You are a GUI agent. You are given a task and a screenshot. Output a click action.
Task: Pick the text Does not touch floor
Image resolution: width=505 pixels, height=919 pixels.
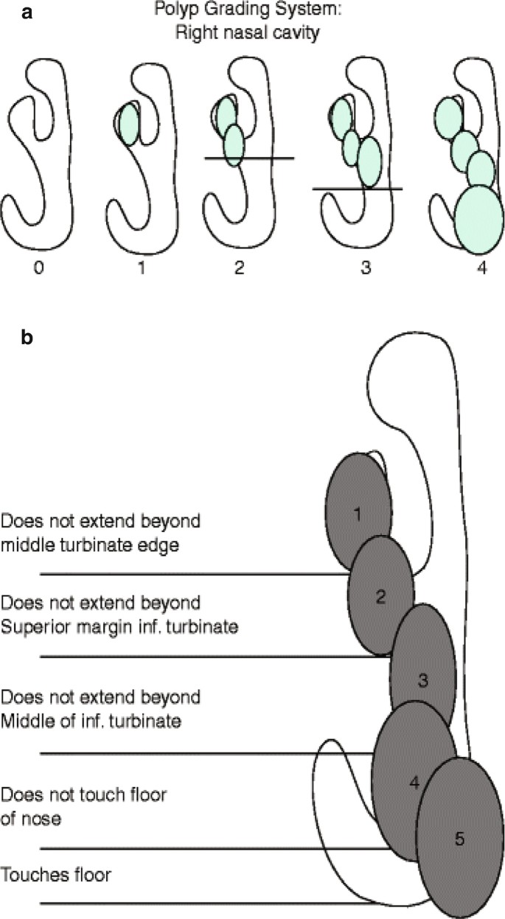(x=85, y=794)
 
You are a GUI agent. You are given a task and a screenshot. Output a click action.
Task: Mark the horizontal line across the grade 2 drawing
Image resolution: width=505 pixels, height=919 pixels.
(x=249, y=158)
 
